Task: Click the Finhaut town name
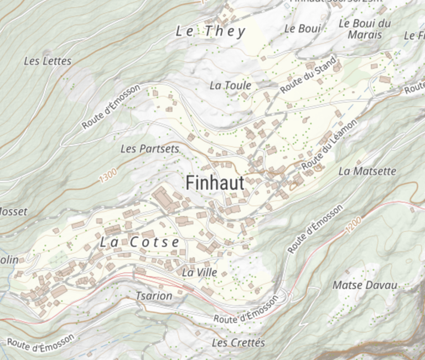pos(215,183)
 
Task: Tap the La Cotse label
pos(140,242)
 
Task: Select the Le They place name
pos(210,32)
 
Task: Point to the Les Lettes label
pos(48,61)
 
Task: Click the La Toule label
pos(230,85)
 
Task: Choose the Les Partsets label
pos(149,149)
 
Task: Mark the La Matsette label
pos(367,171)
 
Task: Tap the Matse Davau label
pos(365,285)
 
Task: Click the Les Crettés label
pos(239,343)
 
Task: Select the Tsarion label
pos(154,296)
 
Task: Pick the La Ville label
pos(199,272)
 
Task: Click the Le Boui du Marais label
pos(365,29)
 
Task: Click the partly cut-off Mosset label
pos(12,212)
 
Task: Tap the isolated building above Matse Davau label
pos(346,272)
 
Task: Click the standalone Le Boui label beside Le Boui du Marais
pos(302,29)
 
